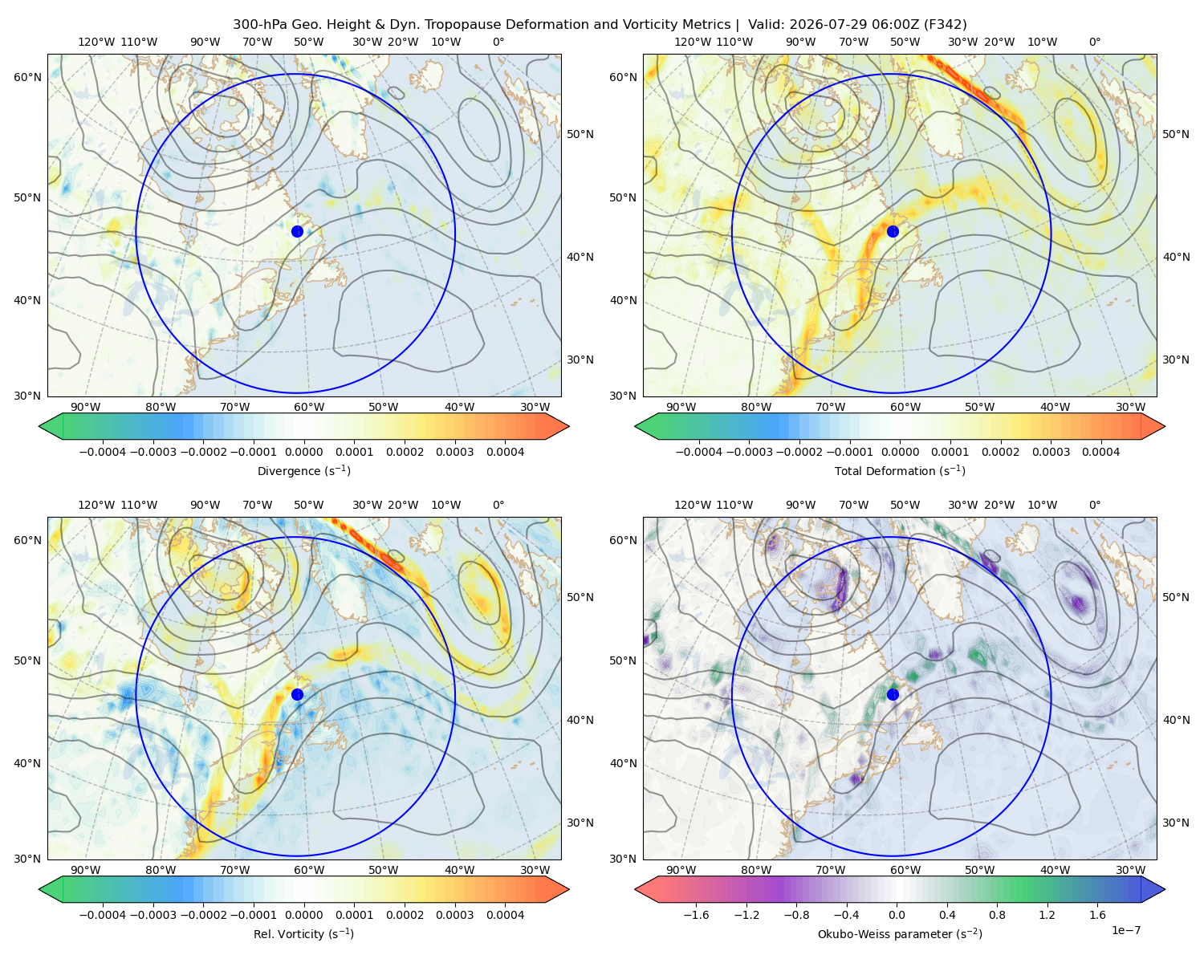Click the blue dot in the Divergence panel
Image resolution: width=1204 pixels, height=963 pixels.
point(297,232)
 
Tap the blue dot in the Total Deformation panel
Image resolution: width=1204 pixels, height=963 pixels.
point(893,232)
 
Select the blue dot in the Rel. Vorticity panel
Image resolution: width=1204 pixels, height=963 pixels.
point(297,694)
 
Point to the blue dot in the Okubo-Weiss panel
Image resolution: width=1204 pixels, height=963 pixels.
point(893,694)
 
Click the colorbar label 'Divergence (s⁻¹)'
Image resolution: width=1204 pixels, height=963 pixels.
point(303,471)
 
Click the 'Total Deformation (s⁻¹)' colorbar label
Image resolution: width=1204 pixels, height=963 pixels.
point(900,471)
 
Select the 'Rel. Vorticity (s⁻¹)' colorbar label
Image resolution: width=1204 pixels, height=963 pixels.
point(303,934)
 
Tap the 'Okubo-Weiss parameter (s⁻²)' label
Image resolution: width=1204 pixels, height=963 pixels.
point(900,934)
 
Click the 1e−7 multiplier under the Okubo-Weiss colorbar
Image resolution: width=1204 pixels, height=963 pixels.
point(1125,931)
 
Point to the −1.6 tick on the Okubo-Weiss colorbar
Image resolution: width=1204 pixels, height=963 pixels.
point(696,915)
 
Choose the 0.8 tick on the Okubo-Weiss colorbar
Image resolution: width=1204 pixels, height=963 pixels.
point(997,915)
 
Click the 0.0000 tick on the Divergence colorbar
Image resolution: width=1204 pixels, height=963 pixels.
point(303,452)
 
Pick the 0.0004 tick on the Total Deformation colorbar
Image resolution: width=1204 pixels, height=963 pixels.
point(1100,452)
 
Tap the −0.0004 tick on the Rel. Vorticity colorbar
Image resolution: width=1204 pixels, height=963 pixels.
point(103,915)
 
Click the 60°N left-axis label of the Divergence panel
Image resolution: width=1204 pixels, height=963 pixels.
point(27,77)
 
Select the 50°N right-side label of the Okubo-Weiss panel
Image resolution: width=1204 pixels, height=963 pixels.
point(1176,597)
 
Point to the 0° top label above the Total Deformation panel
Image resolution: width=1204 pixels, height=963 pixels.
point(1094,42)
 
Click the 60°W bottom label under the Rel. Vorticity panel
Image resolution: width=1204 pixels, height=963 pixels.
point(309,870)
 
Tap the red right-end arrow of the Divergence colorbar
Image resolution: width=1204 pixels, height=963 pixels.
point(557,426)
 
